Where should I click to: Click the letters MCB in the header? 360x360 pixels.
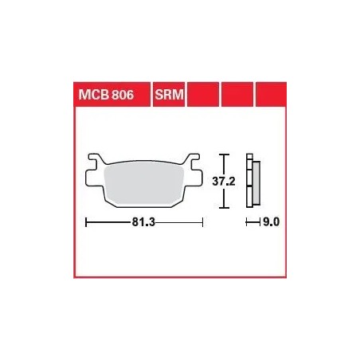(92, 95)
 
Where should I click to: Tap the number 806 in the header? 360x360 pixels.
(119, 95)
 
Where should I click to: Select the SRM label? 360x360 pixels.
(165, 95)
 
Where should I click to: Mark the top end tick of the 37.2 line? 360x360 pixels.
(225, 154)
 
